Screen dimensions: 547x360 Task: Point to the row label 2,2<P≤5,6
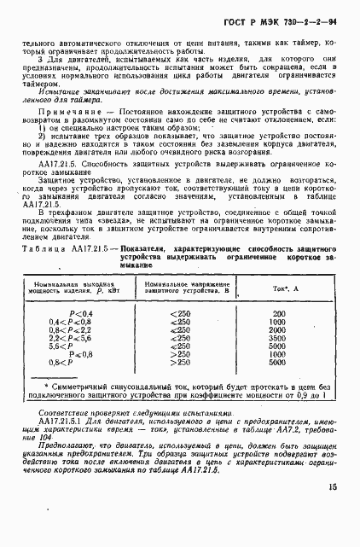[83, 338]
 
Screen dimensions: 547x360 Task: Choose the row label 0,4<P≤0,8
[83, 323]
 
